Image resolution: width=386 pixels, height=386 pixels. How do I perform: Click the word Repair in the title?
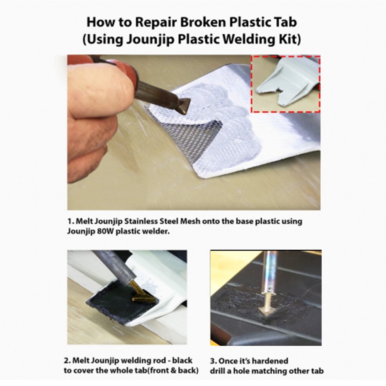click(156, 22)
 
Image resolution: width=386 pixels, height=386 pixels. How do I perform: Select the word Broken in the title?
click(203, 22)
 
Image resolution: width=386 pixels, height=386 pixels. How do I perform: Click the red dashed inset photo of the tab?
click(286, 84)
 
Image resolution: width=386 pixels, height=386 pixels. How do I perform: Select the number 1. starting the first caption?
click(71, 221)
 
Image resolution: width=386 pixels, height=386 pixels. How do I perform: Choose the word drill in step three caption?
click(218, 371)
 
